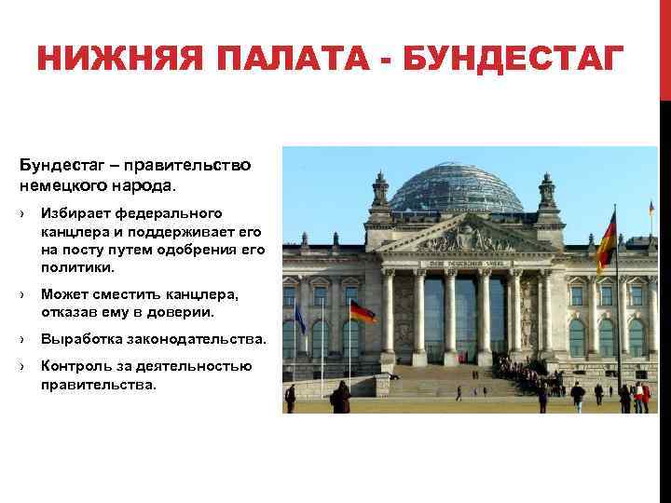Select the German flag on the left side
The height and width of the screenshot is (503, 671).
tap(362, 311)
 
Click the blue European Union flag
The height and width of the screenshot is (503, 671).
tap(300, 318)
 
